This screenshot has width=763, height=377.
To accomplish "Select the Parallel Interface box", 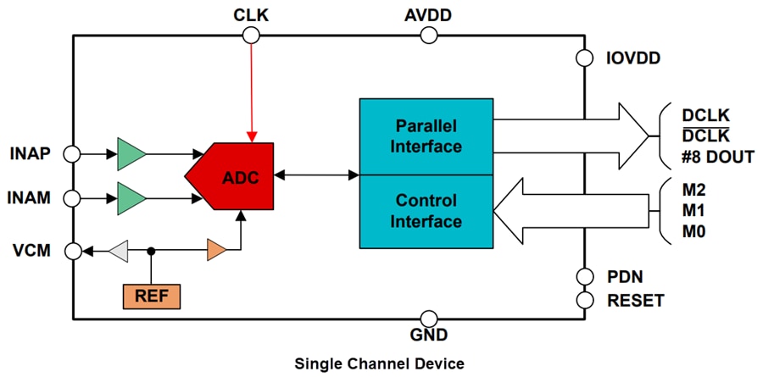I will (426, 136).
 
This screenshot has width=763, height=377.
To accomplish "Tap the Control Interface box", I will (426, 211).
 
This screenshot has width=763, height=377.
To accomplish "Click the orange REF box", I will (152, 296).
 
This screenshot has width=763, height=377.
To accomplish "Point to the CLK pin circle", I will (250, 35).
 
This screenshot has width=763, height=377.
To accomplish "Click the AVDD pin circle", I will (429, 35).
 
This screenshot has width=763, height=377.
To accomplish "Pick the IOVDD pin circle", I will (585, 58).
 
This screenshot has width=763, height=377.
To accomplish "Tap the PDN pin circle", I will (585, 276).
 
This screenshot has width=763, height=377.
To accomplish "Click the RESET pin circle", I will (585, 300).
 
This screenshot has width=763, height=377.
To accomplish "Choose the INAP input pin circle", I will (73, 154).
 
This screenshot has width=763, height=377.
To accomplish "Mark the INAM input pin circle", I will (73, 198).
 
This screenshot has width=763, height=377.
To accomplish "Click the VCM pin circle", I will (73, 251).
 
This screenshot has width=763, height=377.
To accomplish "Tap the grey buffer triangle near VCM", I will (119, 251).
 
